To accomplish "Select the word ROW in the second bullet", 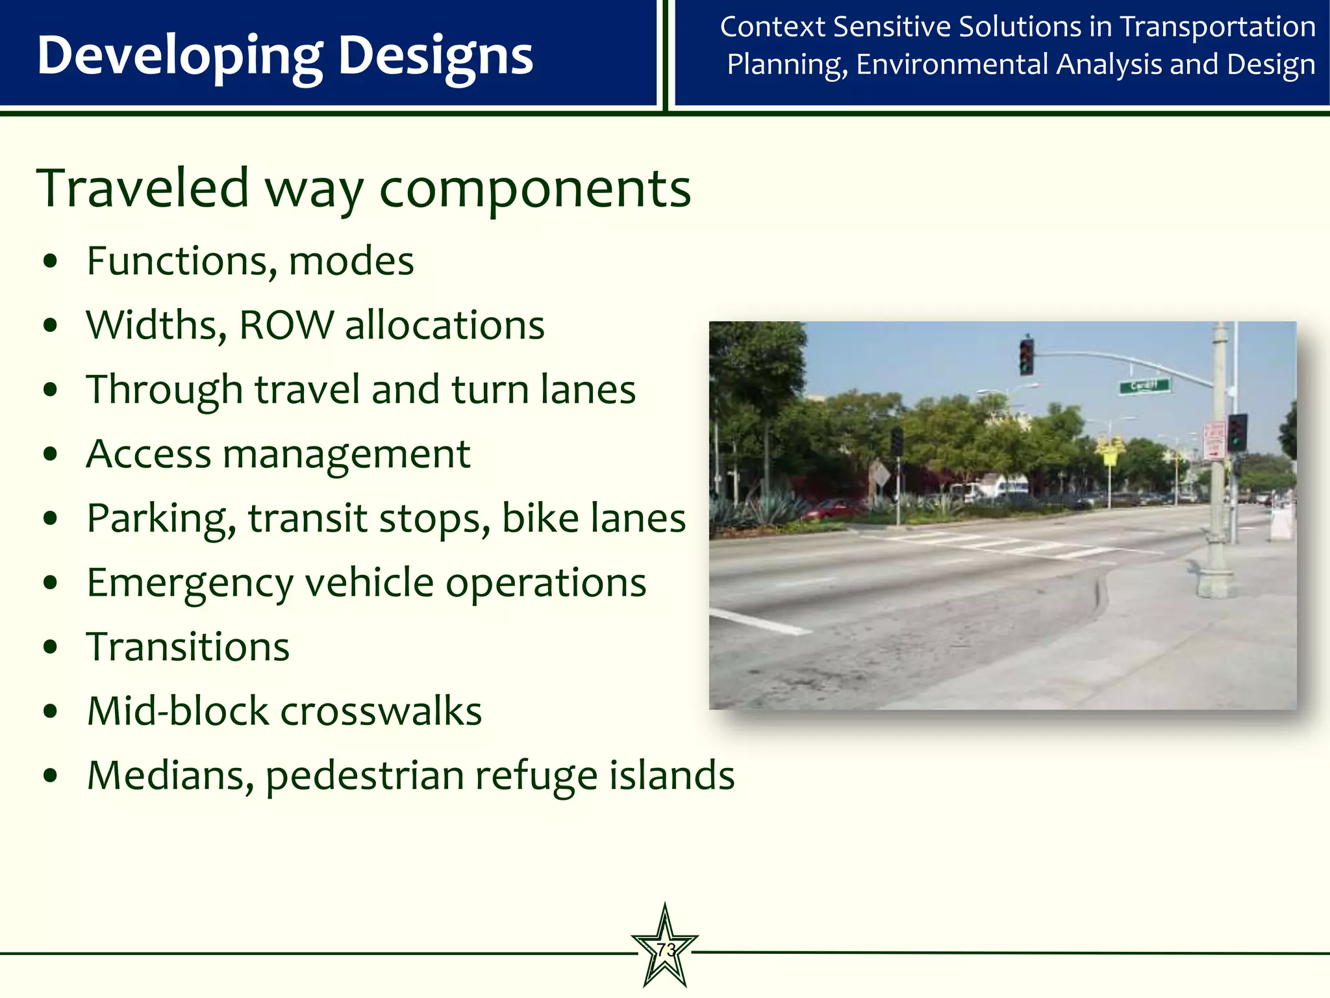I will pos(286,325).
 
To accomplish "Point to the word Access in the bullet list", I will pos(149,454).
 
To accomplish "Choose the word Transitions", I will pos(188,647).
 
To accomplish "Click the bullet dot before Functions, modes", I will pos(51,262).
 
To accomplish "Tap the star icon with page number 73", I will pos(665,949).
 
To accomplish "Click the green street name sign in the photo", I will pos(1144,386).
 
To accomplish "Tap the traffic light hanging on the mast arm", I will pos(1026,357).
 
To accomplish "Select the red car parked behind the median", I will pos(834,507).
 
